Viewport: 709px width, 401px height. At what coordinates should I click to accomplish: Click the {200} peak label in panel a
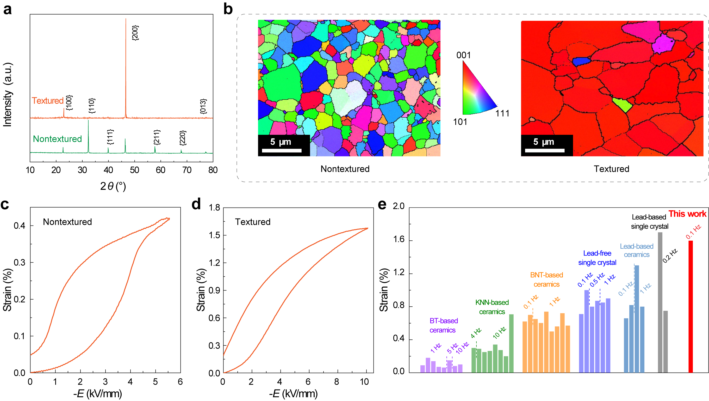pos(135,33)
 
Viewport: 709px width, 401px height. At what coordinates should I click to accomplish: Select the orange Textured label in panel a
pos(48,101)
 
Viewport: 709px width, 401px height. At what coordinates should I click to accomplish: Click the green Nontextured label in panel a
pos(57,139)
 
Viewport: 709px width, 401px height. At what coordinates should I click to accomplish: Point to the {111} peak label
pos(110,137)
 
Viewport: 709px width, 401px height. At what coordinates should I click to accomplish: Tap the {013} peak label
pos(203,106)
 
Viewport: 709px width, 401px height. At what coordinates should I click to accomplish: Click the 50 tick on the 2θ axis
pos(134,170)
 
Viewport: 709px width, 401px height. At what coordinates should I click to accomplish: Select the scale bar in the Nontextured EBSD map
pos(282,150)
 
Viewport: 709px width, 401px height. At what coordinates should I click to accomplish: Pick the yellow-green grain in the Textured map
pos(623,105)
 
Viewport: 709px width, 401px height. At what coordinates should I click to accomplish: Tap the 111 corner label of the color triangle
pos(502,113)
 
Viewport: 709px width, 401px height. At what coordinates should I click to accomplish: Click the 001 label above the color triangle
pos(463,55)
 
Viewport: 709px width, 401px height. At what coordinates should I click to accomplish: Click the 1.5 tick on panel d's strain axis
pos(214,235)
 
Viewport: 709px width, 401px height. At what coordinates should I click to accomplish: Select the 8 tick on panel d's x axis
pos(337,382)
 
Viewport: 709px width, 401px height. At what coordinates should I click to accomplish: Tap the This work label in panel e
pos(687,214)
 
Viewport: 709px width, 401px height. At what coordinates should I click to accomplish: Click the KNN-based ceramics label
pos(492,307)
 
